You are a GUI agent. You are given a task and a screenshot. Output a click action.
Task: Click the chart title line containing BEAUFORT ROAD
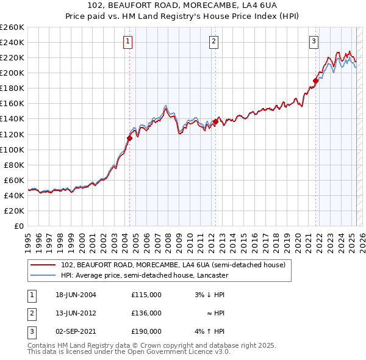[183, 5]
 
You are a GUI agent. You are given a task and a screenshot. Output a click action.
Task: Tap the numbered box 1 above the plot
[128, 41]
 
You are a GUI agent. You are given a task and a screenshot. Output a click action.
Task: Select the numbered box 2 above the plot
[214, 41]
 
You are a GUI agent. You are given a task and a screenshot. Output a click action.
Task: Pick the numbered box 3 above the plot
[314, 41]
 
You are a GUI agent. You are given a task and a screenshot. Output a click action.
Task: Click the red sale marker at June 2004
[129, 138]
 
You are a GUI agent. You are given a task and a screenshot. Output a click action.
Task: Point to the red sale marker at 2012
[215, 122]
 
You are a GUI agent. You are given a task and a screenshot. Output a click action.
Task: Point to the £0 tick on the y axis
[18, 226]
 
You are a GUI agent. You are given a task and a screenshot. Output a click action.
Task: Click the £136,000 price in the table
[146, 313]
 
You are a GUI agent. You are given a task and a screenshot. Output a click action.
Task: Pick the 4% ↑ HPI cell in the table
[210, 331]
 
